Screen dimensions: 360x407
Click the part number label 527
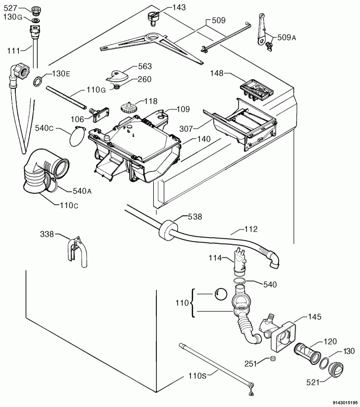pyautogui.click(x=10, y=8)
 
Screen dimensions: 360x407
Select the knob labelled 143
pyautogui.click(x=153, y=18)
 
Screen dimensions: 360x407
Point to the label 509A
pyautogui.click(x=287, y=38)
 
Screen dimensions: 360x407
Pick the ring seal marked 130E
pyautogui.click(x=37, y=81)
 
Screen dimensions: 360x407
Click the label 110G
pyautogui.click(x=96, y=90)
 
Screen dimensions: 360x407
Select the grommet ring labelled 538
pyautogui.click(x=167, y=229)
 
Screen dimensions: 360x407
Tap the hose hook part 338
pyautogui.click(x=77, y=251)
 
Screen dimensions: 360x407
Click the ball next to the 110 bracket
pyautogui.click(x=220, y=295)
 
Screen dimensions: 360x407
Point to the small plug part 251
pyautogui.click(x=273, y=359)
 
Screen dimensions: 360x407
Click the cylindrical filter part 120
pyautogui.click(x=307, y=353)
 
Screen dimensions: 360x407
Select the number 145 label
pyautogui.click(x=315, y=317)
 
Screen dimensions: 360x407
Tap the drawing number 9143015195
pyautogui.click(x=345, y=402)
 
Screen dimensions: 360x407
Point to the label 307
pyautogui.click(x=186, y=129)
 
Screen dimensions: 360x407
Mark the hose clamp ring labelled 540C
pyautogui.click(x=77, y=136)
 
